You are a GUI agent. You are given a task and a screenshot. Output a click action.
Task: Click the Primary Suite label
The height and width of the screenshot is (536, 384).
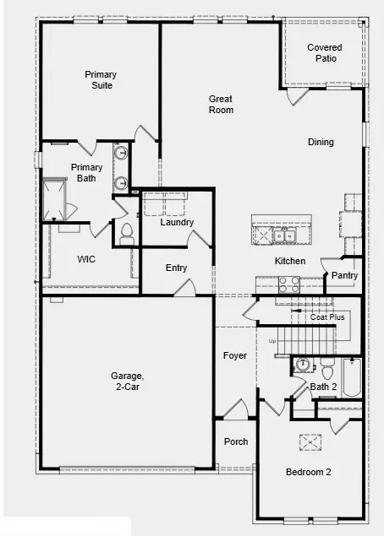point(100,80)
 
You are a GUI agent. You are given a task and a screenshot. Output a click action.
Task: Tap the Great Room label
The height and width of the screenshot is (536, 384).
point(221,105)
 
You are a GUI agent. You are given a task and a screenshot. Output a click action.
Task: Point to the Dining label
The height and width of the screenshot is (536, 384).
point(321,142)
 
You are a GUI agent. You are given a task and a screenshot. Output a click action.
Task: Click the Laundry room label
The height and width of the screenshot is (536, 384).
point(178,223)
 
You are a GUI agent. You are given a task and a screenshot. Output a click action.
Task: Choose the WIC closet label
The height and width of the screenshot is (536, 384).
point(86,259)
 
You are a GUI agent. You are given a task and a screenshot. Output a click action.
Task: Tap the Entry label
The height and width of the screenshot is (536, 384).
point(177,268)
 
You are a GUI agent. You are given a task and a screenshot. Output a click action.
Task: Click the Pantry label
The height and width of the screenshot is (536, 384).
point(344,275)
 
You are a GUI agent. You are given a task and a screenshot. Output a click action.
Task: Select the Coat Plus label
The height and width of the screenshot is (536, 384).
point(327,317)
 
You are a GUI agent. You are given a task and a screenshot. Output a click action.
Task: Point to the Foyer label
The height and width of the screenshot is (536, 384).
point(235,355)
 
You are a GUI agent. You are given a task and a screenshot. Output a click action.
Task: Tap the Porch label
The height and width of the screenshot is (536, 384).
point(236,442)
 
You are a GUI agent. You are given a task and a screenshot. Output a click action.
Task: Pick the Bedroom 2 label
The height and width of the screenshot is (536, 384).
point(308,472)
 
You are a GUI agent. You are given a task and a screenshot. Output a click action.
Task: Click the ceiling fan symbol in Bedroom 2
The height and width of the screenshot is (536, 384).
point(310,441)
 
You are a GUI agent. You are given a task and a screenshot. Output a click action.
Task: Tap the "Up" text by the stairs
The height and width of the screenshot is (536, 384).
point(272,341)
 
